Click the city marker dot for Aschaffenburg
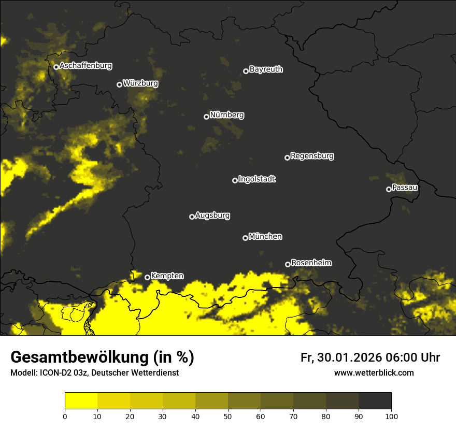coord(56,67)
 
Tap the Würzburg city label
coord(140,83)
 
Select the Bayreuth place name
coord(266,69)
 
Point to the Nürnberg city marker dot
coord(206,117)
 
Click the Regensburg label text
coord(312,156)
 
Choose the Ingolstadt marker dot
coord(235,180)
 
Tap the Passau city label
coord(405,188)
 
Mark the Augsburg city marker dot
coord(192,217)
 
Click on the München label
coord(265,237)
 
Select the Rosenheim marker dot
coord(288,265)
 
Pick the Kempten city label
coord(167,276)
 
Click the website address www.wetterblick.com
coord(374,373)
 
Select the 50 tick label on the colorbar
coord(228,415)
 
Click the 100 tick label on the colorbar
coord(391,415)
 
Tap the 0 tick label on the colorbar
coord(65,415)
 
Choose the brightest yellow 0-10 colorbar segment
coord(81,401)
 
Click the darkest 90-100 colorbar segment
coord(375,401)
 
